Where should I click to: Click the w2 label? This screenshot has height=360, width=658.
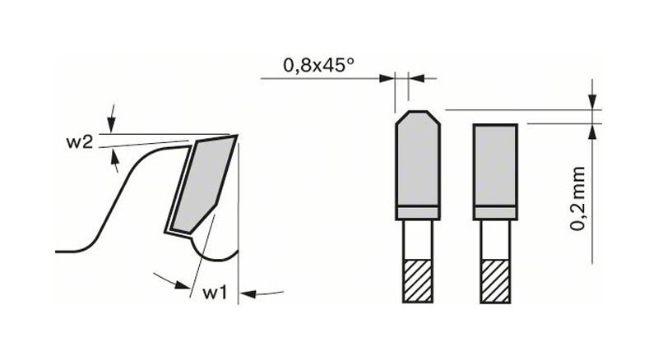(x=79, y=142)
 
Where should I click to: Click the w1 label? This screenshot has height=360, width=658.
(x=215, y=293)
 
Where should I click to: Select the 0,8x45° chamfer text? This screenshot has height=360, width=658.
(x=319, y=66)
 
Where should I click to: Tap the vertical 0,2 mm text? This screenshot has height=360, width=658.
(x=578, y=198)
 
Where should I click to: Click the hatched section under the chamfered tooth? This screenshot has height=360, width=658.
(x=418, y=281)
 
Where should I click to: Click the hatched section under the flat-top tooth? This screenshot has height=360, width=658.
(x=495, y=281)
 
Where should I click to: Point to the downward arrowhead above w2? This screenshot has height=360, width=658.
(x=111, y=125)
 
